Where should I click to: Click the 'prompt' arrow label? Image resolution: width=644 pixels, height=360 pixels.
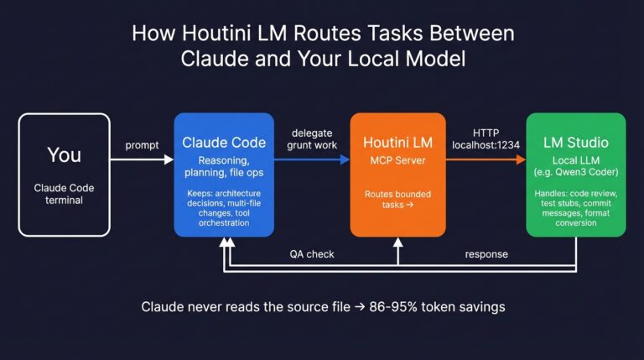[x=142, y=145]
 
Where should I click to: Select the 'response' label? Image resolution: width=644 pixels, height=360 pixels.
[x=487, y=253]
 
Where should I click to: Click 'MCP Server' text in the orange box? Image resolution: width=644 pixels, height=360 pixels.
[x=397, y=159]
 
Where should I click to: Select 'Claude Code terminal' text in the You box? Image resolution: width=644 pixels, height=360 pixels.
[x=64, y=195]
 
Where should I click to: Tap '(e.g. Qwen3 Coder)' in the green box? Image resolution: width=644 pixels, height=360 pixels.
[x=575, y=173]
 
